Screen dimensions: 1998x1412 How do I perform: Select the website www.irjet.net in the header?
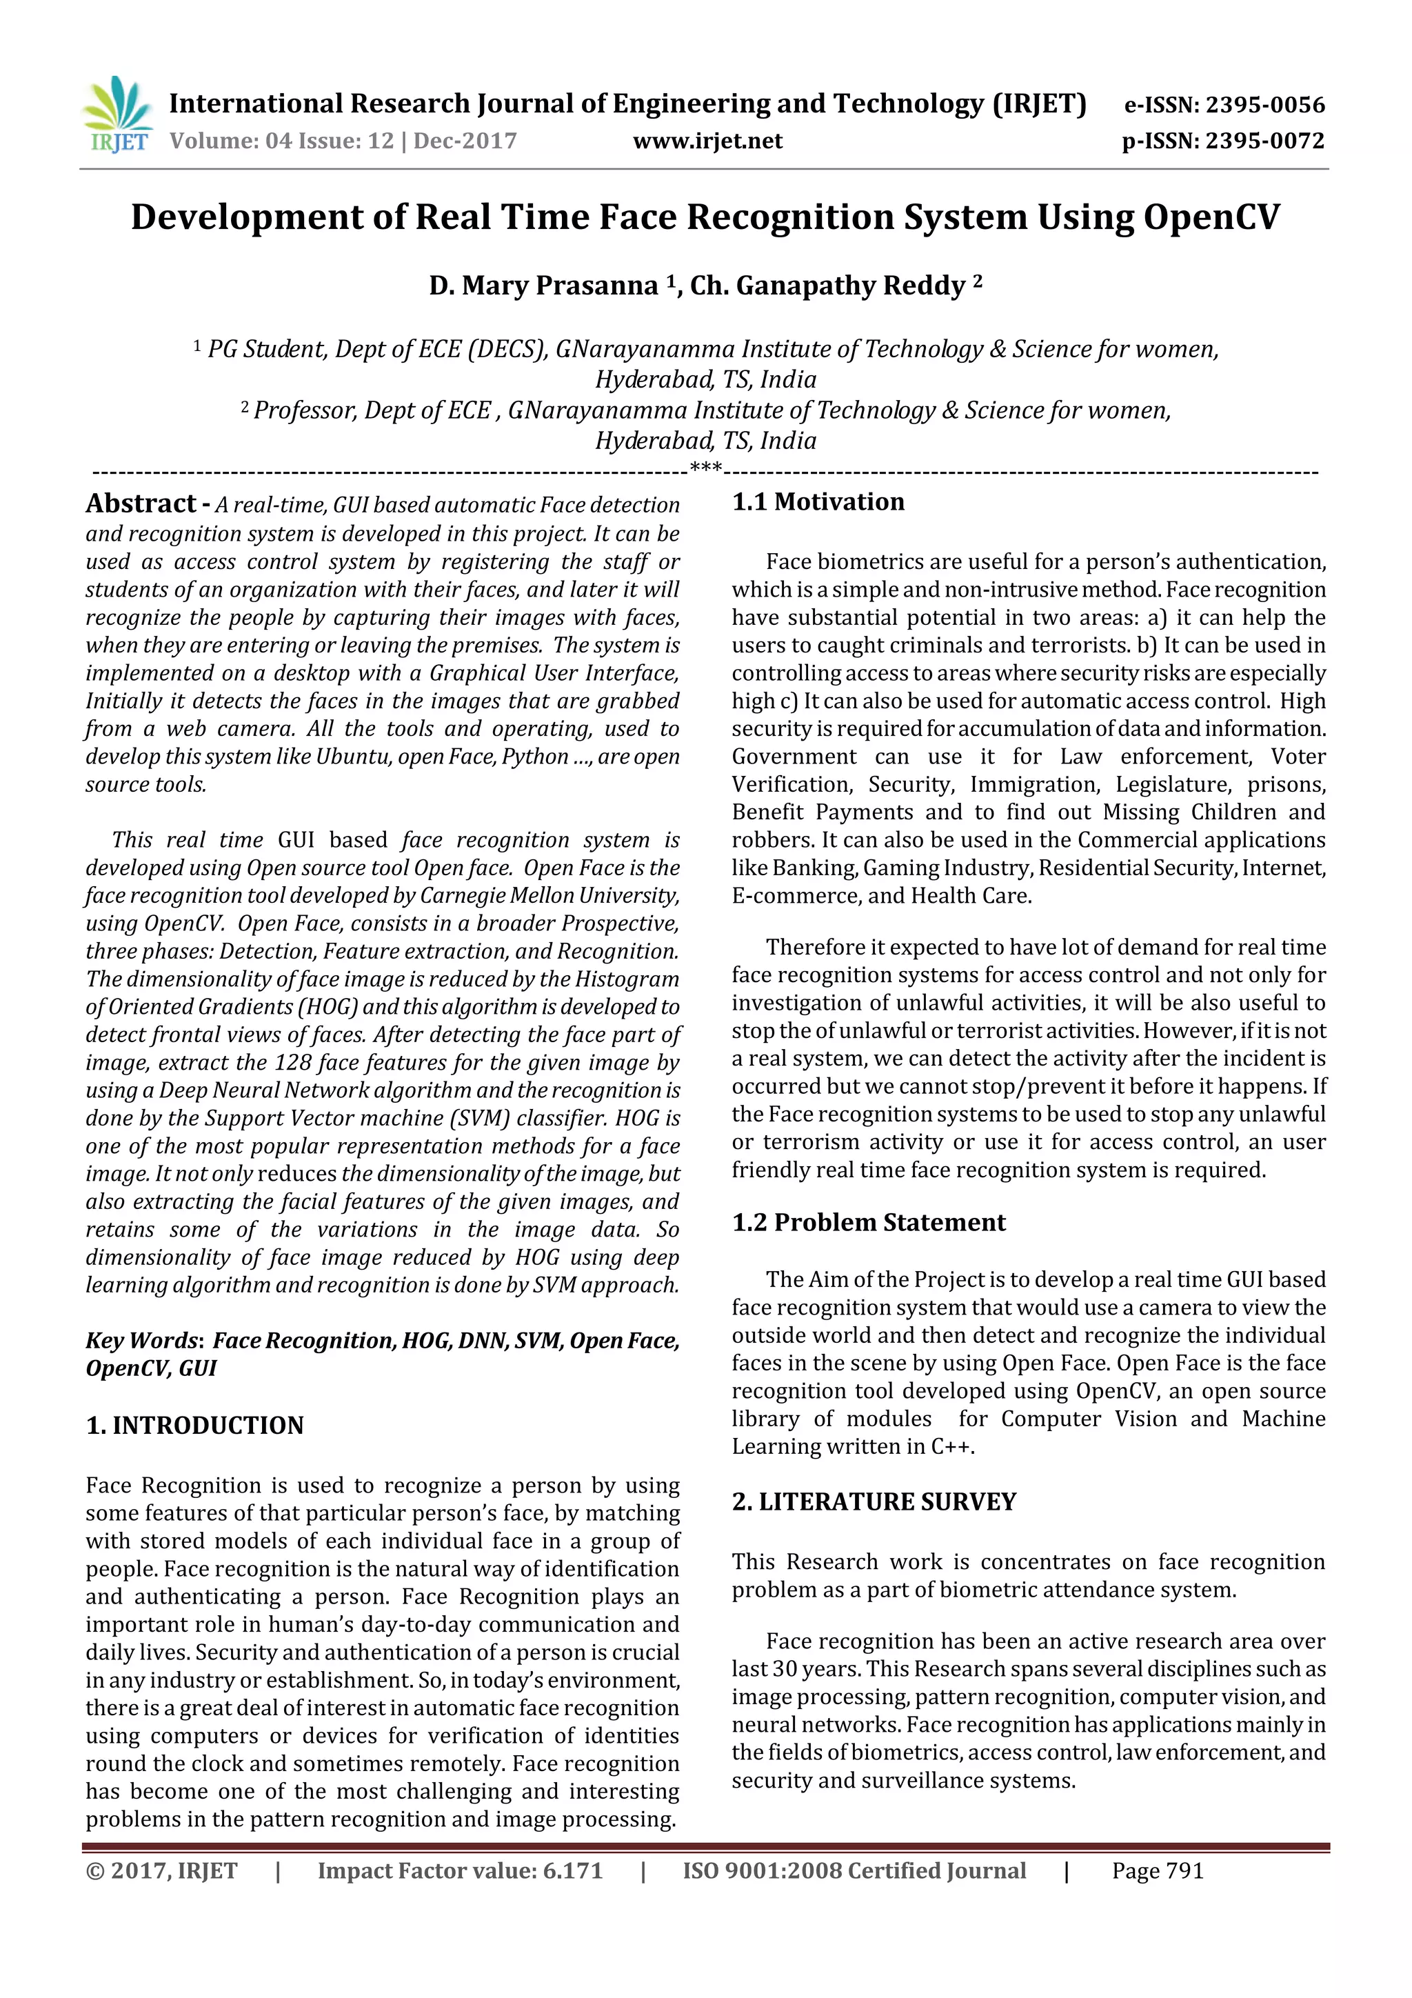tap(707, 141)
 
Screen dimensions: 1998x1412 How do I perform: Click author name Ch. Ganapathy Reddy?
tap(827, 286)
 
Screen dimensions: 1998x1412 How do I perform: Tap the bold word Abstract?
tap(141, 504)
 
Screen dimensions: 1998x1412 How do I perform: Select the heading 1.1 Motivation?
tap(818, 502)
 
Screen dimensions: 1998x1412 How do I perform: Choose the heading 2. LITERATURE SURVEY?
tap(874, 1502)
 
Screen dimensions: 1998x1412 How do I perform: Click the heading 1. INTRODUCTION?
tap(195, 1426)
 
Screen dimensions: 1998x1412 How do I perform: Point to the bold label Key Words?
tap(143, 1341)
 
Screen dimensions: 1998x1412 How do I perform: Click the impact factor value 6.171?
tap(572, 1888)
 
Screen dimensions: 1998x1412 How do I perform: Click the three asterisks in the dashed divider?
tap(705, 468)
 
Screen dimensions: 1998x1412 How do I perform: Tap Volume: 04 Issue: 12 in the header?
tap(282, 141)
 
